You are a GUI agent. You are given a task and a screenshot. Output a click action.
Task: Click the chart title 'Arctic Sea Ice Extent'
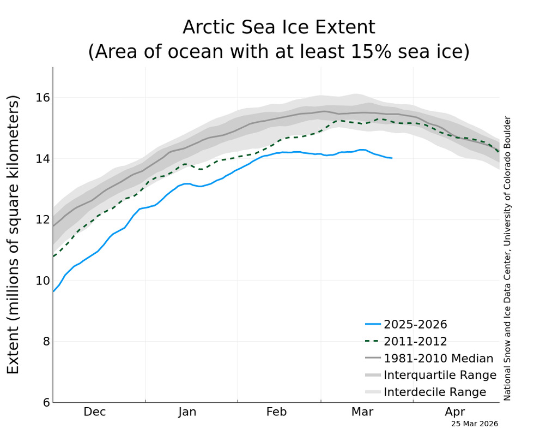pos(278,27)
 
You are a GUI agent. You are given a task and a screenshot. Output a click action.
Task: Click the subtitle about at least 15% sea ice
pos(278,52)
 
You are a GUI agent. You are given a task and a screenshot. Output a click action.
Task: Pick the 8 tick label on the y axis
pos(46,342)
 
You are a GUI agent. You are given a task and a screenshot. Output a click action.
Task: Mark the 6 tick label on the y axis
pos(46,403)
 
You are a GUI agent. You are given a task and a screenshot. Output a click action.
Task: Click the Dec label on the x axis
pos(95,412)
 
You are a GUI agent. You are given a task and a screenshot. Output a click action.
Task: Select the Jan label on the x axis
pos(187,412)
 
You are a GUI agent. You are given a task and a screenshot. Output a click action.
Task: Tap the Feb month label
pos(276,412)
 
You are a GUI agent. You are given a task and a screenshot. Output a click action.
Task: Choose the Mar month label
pos(362,412)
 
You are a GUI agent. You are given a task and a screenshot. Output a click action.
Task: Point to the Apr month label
pos(454,412)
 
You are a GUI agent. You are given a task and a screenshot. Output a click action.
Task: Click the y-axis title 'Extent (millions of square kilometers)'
pos(14,235)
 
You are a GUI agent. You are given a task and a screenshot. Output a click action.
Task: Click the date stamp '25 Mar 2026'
pos(474,424)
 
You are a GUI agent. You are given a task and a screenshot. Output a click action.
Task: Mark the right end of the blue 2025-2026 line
pos(391,158)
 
